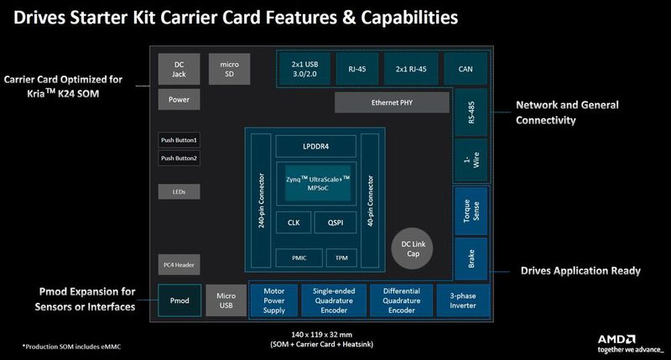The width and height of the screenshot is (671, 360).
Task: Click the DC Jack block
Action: tap(179, 69)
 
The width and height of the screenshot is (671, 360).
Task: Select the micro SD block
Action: tap(229, 69)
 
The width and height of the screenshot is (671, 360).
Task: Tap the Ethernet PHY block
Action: tap(391, 102)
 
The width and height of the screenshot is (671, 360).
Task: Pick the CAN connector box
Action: tap(467, 68)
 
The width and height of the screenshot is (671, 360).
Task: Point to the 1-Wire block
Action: tap(470, 159)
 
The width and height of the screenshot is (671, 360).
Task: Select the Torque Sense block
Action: tap(470, 210)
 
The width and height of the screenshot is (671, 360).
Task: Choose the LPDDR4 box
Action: tap(315, 146)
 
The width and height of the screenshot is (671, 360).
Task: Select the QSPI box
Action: tap(335, 222)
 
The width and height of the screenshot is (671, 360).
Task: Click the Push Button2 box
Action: tap(179, 158)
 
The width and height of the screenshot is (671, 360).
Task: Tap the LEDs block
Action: tap(179, 192)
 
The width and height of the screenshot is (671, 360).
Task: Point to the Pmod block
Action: tap(179, 299)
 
